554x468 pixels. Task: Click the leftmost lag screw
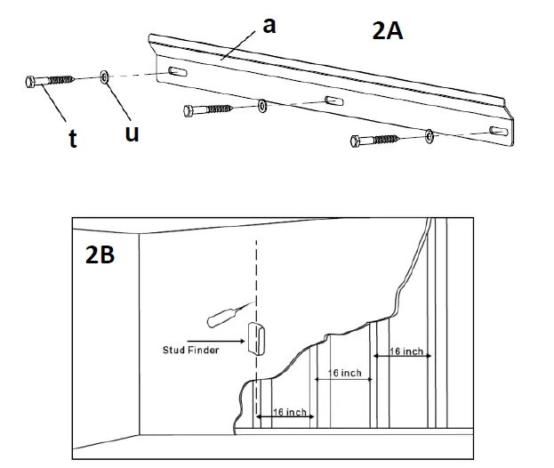point(49,81)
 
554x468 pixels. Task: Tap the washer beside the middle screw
point(261,107)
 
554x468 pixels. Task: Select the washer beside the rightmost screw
point(430,135)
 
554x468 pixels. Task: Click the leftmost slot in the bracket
point(175,72)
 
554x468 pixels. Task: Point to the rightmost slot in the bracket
point(501,132)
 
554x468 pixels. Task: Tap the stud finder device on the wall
point(254,338)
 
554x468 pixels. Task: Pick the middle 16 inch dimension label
point(345,373)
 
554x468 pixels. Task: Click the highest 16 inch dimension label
point(406,352)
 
